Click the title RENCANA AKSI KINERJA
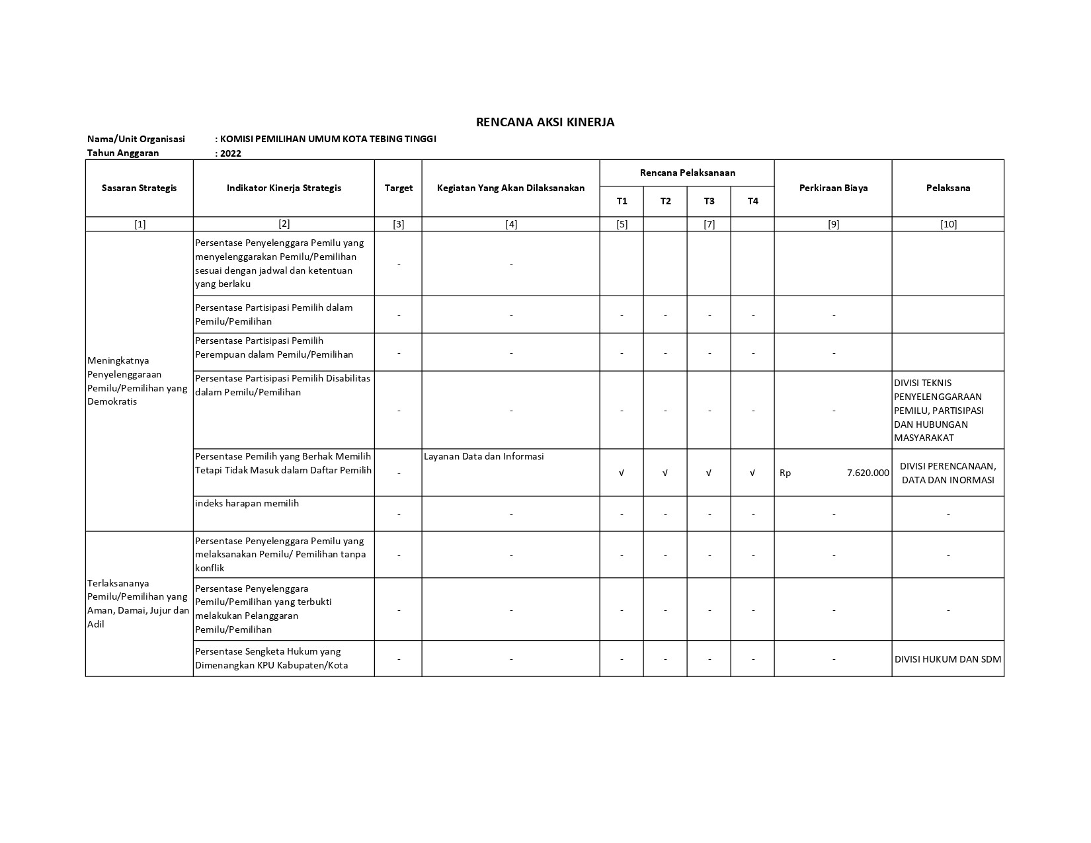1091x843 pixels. [x=545, y=122]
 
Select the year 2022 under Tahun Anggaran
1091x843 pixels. [x=231, y=153]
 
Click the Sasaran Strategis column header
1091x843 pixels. [x=139, y=188]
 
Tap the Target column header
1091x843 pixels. [x=398, y=188]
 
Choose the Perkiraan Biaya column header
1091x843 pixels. [x=833, y=188]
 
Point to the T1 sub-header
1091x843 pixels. [x=622, y=201]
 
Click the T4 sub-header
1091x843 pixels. [x=752, y=201]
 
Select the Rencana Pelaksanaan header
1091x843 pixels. [x=687, y=173]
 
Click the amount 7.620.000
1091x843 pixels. [x=868, y=473]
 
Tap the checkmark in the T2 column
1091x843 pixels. [x=665, y=473]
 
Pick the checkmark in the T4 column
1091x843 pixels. [x=752, y=473]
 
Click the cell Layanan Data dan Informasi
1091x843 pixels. [x=483, y=456]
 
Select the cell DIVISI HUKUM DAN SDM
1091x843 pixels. [x=948, y=659]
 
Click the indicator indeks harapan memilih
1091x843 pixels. [x=247, y=503]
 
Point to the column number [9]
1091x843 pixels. [x=833, y=224]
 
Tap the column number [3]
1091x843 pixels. [x=398, y=224]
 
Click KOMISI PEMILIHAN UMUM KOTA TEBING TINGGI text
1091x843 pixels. [x=328, y=139]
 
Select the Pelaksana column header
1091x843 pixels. [x=948, y=188]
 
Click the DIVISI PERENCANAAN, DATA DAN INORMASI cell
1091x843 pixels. [x=948, y=473]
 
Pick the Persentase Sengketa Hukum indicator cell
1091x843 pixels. [x=271, y=659]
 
